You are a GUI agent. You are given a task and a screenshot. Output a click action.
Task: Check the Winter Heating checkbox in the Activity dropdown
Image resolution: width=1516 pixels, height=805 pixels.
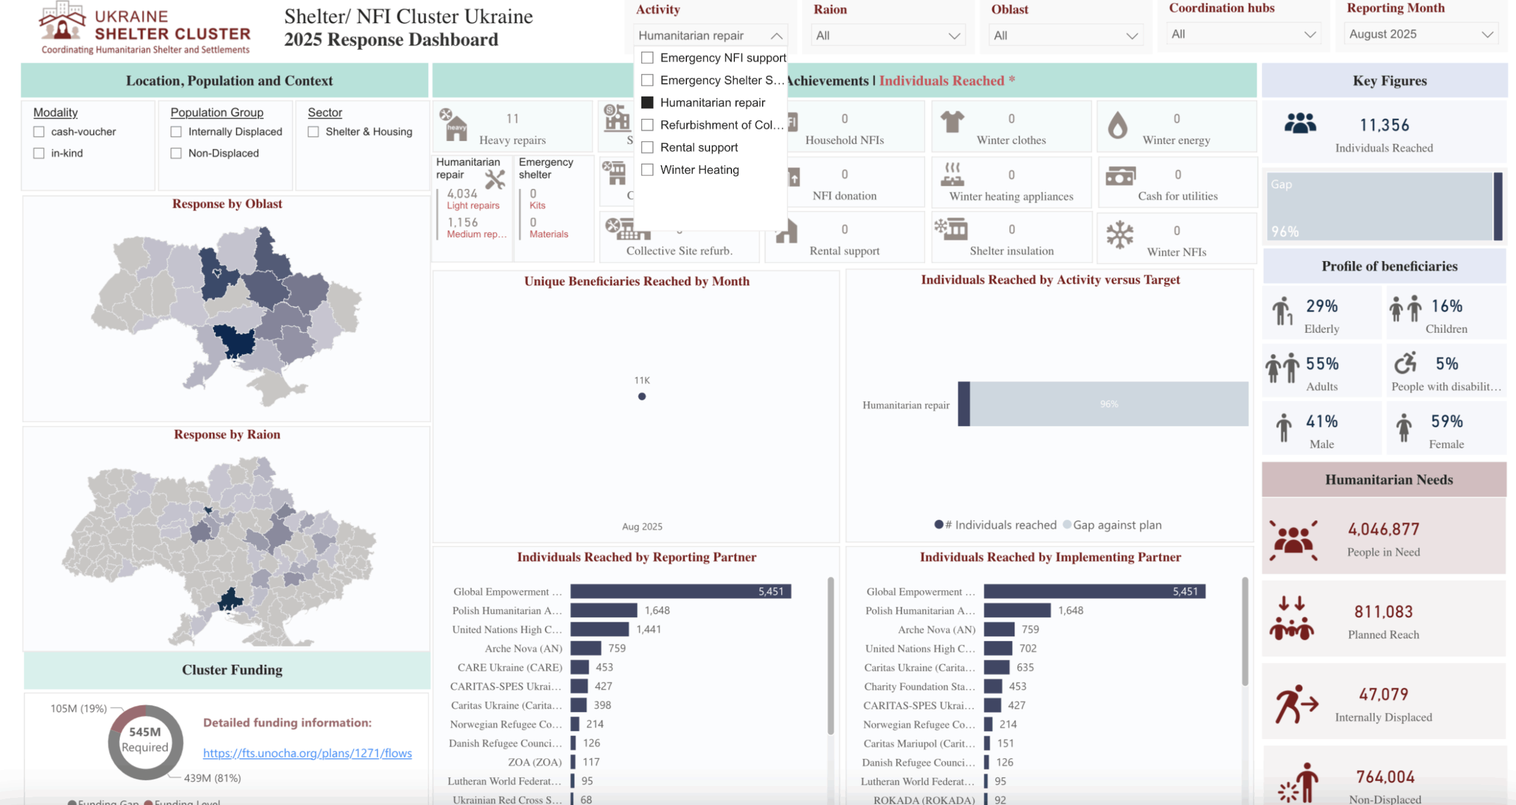pyautogui.click(x=647, y=170)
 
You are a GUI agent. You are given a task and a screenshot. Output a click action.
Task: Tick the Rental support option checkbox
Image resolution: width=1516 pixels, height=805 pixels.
pyautogui.click(x=647, y=147)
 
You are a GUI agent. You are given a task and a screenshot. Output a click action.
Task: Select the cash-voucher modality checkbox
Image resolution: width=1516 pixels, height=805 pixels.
pyautogui.click(x=39, y=131)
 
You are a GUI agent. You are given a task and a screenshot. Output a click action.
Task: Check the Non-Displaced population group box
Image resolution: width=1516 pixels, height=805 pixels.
pyautogui.click(x=176, y=153)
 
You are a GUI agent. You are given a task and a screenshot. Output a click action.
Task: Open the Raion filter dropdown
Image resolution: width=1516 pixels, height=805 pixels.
pyautogui.click(x=887, y=36)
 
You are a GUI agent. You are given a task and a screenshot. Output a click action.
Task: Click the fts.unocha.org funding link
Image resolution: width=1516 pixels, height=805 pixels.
pyautogui.click(x=307, y=753)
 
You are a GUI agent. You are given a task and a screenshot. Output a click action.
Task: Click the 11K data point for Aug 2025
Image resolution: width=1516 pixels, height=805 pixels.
pyautogui.click(x=642, y=397)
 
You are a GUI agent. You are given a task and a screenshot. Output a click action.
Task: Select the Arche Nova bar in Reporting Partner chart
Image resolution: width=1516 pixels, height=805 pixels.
pyautogui.click(x=586, y=648)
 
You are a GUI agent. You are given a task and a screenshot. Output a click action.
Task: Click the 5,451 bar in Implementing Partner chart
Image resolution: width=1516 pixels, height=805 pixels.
pyautogui.click(x=1094, y=591)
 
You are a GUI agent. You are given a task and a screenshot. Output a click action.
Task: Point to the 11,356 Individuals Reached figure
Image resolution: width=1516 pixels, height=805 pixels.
pyautogui.click(x=1385, y=125)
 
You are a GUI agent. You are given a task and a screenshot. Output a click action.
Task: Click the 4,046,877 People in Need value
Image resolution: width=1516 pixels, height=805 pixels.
pyautogui.click(x=1383, y=529)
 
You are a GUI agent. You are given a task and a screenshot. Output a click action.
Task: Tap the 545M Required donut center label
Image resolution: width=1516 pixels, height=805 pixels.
pyautogui.click(x=145, y=739)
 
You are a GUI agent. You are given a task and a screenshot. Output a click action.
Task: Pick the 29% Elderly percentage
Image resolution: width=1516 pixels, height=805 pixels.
pyautogui.click(x=1322, y=306)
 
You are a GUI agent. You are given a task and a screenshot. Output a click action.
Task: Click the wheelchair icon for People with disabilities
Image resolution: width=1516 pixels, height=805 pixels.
pyautogui.click(x=1405, y=363)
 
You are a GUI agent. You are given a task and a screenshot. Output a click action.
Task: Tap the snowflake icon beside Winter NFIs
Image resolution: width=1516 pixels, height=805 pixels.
pyautogui.click(x=1120, y=235)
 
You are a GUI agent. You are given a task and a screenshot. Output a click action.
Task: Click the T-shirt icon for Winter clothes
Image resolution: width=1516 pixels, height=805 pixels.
pyautogui.click(x=952, y=123)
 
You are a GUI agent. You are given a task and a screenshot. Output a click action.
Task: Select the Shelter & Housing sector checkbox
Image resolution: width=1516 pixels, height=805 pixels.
pyautogui.click(x=313, y=131)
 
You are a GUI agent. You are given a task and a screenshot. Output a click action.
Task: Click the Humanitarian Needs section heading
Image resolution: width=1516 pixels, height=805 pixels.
pyautogui.click(x=1389, y=479)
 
